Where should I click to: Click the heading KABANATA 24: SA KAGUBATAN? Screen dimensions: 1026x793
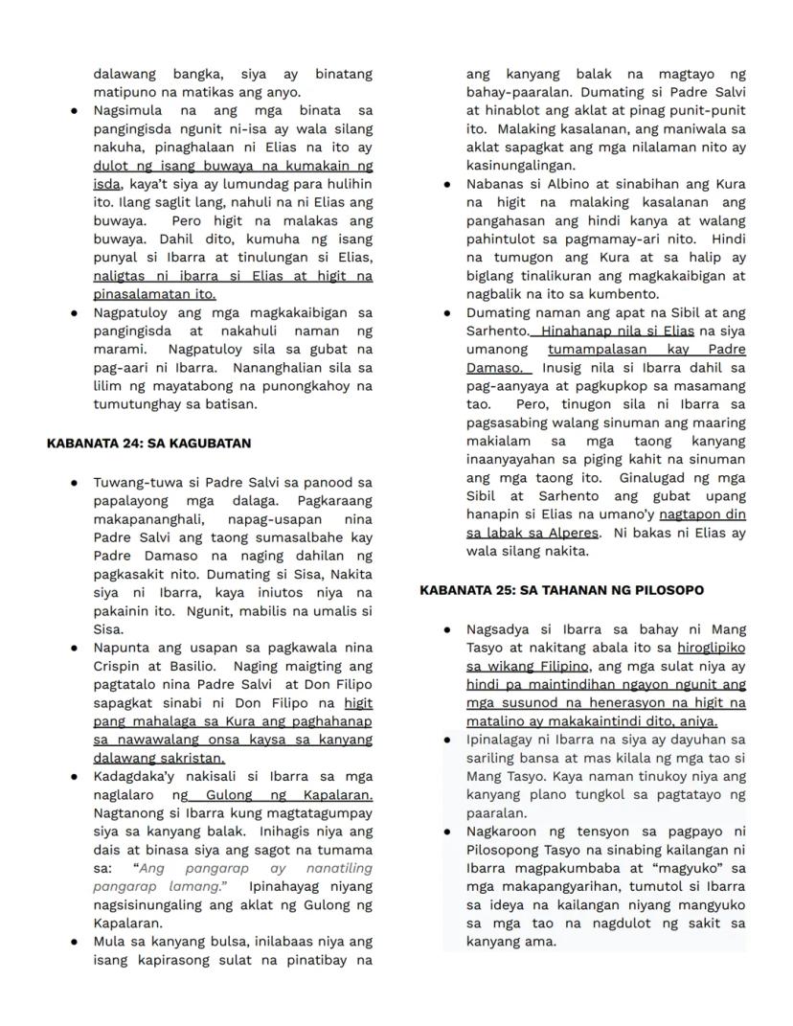(x=148, y=444)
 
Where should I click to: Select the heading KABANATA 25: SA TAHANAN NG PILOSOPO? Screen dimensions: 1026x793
(x=561, y=590)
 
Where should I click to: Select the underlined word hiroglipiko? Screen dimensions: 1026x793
(x=711, y=648)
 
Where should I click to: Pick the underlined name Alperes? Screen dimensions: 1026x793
(x=573, y=533)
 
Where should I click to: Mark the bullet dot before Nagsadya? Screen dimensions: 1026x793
(x=448, y=629)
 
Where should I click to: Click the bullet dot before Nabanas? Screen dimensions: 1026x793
(x=448, y=184)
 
